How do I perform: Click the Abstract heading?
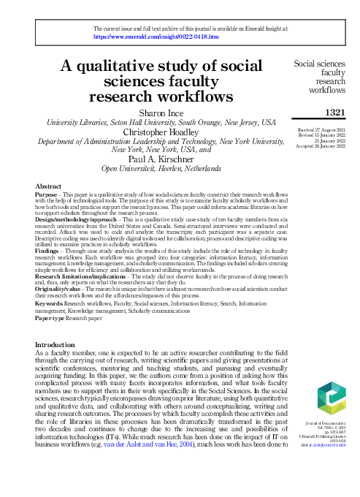point(48,188)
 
